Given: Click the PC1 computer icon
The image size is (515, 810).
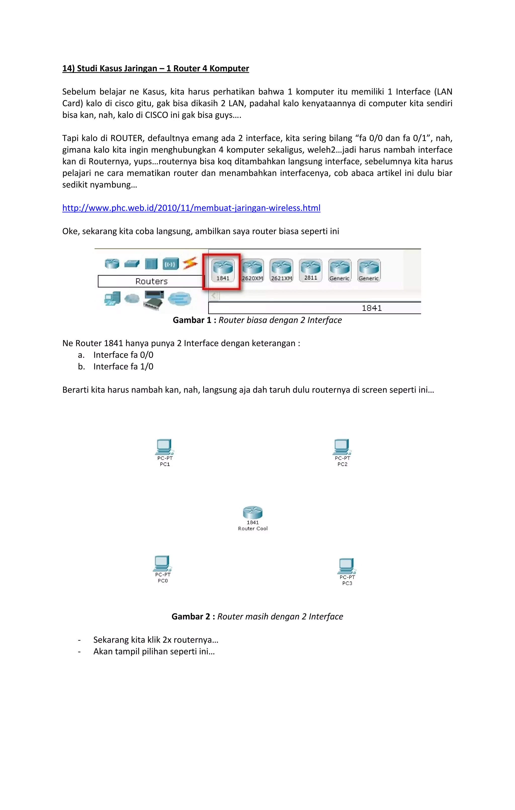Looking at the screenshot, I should [164, 447].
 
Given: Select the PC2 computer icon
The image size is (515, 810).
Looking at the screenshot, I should [342, 447].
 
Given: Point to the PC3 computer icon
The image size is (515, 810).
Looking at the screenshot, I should [347, 566].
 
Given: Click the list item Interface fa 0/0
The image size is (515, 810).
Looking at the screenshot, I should [123, 355].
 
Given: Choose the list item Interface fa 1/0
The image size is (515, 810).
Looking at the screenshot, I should [123, 366].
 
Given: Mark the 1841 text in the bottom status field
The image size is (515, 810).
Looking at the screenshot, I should [371, 308].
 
